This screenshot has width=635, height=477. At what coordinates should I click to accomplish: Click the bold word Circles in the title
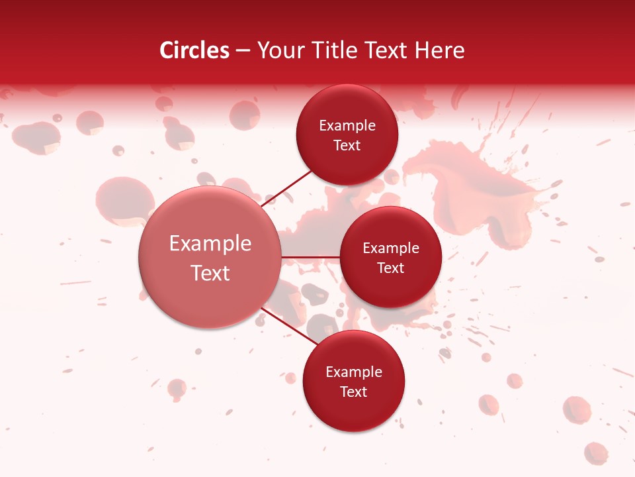click(x=194, y=50)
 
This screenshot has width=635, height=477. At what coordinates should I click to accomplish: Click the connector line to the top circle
click(x=287, y=188)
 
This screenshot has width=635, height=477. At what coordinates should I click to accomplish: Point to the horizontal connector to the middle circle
click(x=311, y=257)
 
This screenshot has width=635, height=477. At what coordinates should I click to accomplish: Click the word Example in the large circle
click(x=210, y=244)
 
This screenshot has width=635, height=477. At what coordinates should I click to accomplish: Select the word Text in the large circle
click(x=210, y=273)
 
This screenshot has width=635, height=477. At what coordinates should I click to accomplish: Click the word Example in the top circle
click(x=347, y=126)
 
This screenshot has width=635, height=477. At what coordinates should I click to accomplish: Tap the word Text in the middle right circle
click(x=390, y=268)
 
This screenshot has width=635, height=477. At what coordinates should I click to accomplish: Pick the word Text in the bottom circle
click(x=354, y=392)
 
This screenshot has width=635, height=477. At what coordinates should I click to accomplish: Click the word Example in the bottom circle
click(x=354, y=372)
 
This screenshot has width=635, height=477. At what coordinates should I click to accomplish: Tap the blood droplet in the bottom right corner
click(x=595, y=453)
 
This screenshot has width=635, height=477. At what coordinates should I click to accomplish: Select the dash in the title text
click(x=243, y=51)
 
